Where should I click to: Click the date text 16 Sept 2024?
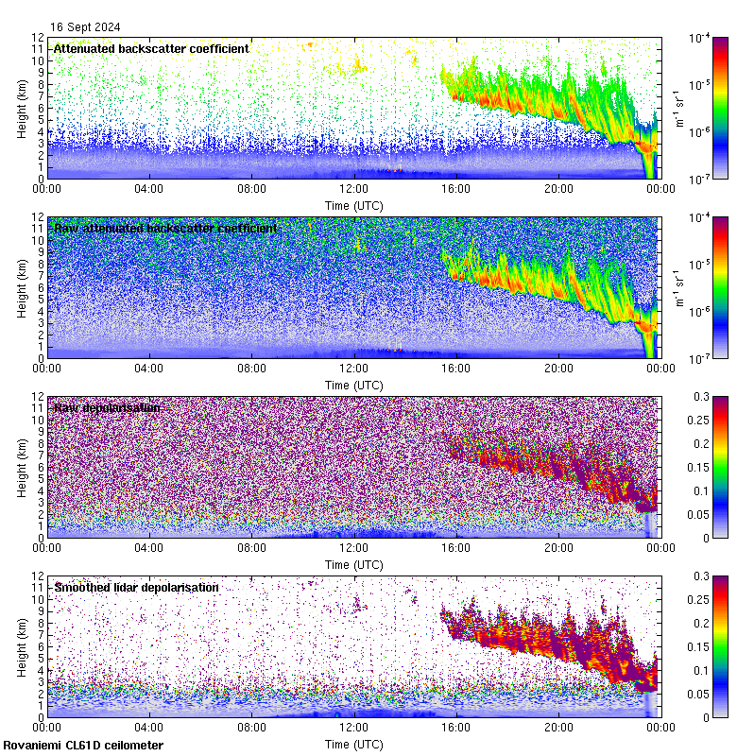[86, 27]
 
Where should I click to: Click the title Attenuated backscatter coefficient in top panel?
[151, 48]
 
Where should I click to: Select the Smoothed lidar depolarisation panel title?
[136, 587]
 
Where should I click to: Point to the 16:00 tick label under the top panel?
[456, 188]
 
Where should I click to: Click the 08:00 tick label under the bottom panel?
[251, 727]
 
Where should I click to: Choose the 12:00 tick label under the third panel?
[353, 547]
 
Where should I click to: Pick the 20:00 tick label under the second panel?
[558, 368]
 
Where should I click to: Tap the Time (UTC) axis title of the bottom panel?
[353, 744]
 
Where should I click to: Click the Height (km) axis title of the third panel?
[23, 468]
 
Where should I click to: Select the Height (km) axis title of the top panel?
[23, 109]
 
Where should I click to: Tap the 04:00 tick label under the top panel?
[149, 188]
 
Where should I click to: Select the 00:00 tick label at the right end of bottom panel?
[660, 727]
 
